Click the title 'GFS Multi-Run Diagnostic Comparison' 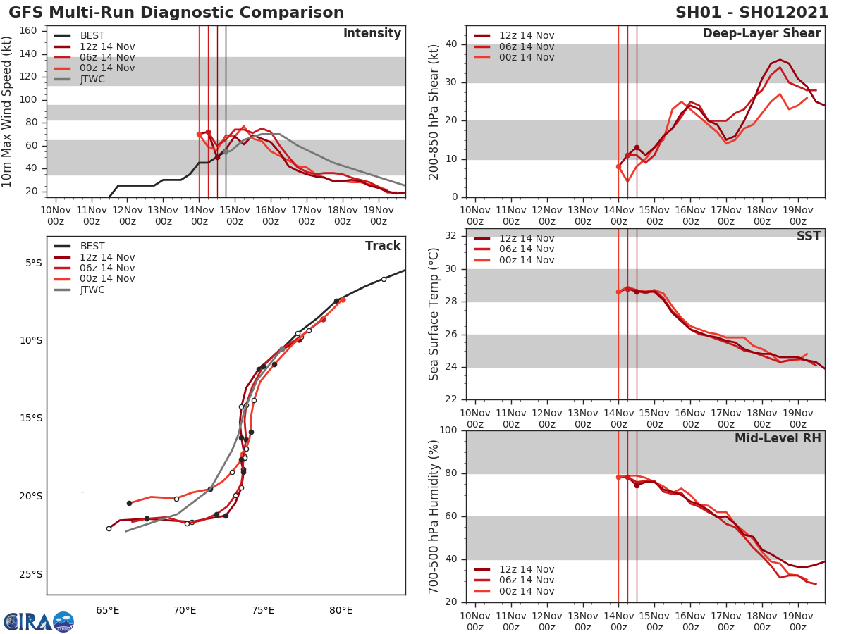176,13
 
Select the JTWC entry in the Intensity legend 92,79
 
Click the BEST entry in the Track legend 92,247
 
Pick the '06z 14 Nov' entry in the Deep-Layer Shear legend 526,46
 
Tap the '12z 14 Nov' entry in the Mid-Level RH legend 526,570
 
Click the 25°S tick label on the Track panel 30,574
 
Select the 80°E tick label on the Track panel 341,610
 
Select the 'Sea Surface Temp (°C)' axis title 434,313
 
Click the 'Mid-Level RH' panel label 778,438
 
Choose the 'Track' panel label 382,246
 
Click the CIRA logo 39,621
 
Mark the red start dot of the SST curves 618,292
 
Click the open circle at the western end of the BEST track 109,528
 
